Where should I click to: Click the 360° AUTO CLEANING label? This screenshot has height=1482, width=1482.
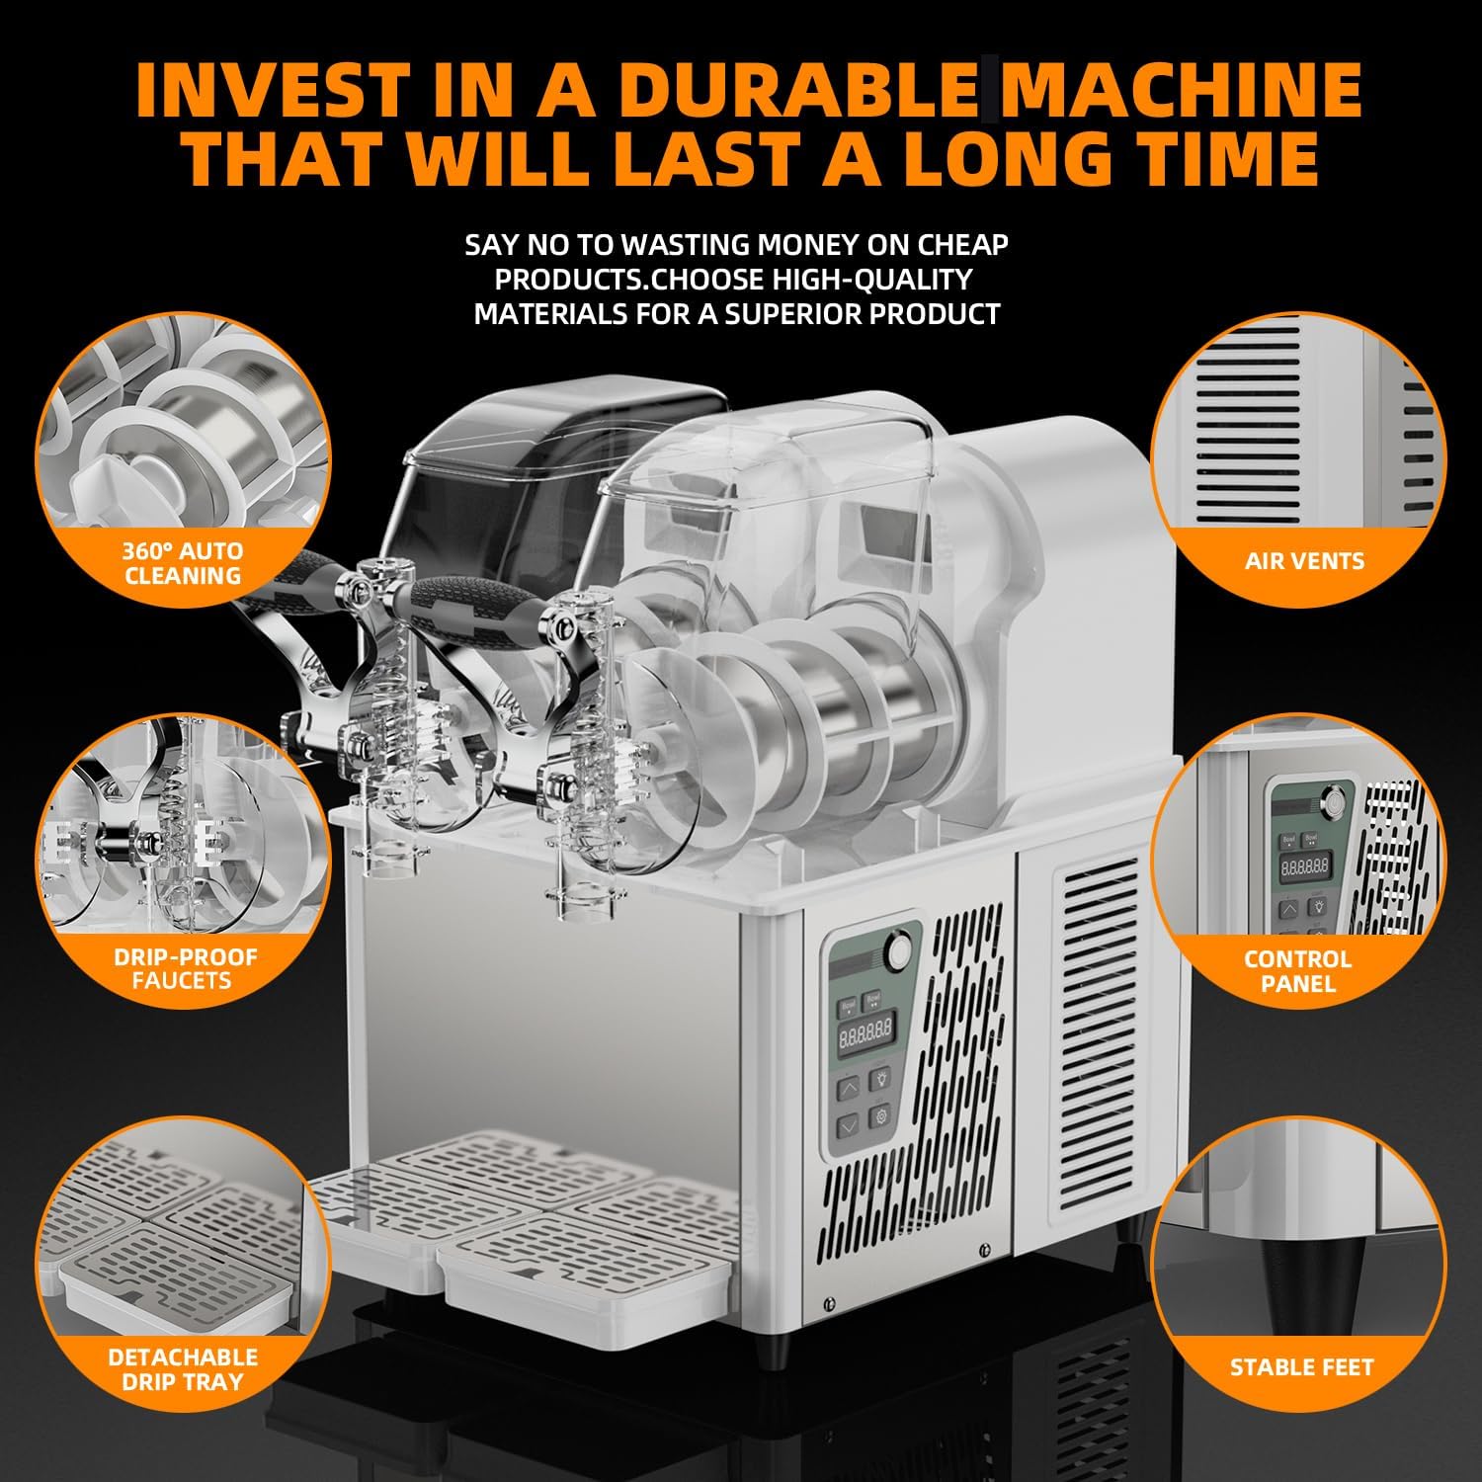pos(183,563)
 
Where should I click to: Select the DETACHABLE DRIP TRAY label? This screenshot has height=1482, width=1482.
pos(183,1369)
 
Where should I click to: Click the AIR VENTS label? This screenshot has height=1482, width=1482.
pos(1304,561)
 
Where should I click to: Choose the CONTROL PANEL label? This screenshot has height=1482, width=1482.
pos(1298,971)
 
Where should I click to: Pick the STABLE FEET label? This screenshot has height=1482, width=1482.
pos(1301,1367)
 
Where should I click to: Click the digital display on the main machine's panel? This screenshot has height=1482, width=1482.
pos(864,1034)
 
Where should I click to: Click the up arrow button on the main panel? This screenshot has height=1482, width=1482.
pos(849,1089)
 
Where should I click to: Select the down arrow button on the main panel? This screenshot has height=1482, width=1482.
pos(848,1125)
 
